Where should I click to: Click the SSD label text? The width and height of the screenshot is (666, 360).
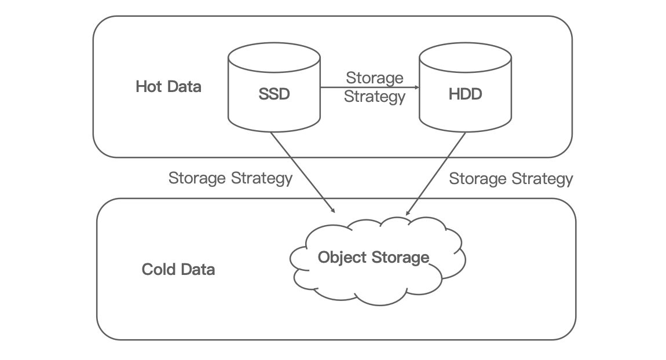(274, 94)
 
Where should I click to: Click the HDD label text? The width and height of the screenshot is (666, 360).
(465, 94)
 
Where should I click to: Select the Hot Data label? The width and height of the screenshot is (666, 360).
(169, 87)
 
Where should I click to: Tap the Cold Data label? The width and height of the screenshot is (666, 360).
(178, 270)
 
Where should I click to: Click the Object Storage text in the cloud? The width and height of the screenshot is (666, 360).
(374, 257)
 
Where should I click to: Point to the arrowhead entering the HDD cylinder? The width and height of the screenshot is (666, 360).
(416, 88)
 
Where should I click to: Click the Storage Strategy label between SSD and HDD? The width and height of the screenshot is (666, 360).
(374, 87)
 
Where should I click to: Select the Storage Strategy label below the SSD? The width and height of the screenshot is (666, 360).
(230, 178)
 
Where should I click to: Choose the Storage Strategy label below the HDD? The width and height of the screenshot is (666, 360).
(511, 178)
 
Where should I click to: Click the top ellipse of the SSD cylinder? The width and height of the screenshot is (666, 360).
(274, 57)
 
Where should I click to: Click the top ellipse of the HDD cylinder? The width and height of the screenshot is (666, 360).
(465, 57)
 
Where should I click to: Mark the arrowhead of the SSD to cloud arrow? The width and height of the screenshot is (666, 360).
(333, 211)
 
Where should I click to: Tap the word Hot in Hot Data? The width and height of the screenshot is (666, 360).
(147, 87)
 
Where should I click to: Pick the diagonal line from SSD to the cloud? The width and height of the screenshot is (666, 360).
(301, 171)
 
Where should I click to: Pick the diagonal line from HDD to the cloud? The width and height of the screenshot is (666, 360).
(437, 172)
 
